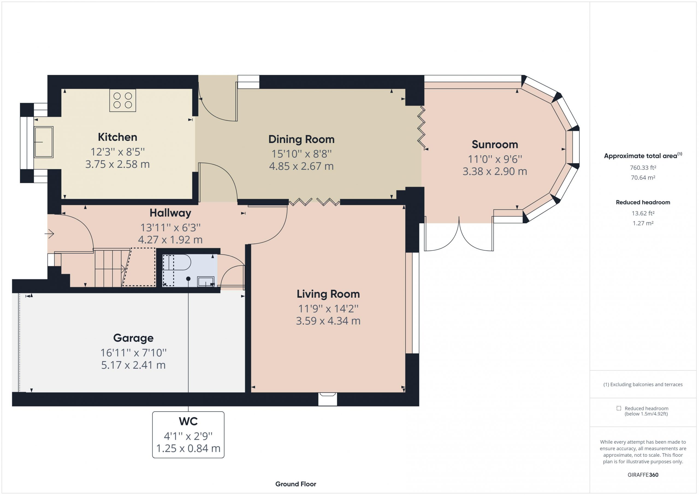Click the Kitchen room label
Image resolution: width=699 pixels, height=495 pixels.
117,137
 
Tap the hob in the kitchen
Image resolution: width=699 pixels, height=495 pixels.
123,100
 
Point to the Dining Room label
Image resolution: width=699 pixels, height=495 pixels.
301,139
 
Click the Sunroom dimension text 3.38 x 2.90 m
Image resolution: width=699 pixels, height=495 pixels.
495,171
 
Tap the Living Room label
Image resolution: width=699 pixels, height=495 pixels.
328,294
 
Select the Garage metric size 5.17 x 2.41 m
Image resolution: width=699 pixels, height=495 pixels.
133,365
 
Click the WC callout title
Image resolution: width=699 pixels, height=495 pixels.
188,421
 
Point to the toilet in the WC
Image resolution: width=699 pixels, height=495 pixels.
177,262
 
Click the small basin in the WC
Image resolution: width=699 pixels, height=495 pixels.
206,281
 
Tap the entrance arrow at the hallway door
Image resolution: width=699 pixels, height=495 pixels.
49,234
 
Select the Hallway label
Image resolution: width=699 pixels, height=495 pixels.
170,213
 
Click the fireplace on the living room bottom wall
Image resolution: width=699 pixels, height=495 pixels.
328,399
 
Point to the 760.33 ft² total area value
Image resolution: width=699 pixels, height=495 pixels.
643,168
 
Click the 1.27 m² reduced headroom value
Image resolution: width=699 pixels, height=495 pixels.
643,223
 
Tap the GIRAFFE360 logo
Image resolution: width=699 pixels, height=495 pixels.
643,475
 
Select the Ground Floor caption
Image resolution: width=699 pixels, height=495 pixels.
296,484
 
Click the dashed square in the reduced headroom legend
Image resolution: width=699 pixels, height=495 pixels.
619,408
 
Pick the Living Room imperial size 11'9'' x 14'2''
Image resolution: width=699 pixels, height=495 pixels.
328,309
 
